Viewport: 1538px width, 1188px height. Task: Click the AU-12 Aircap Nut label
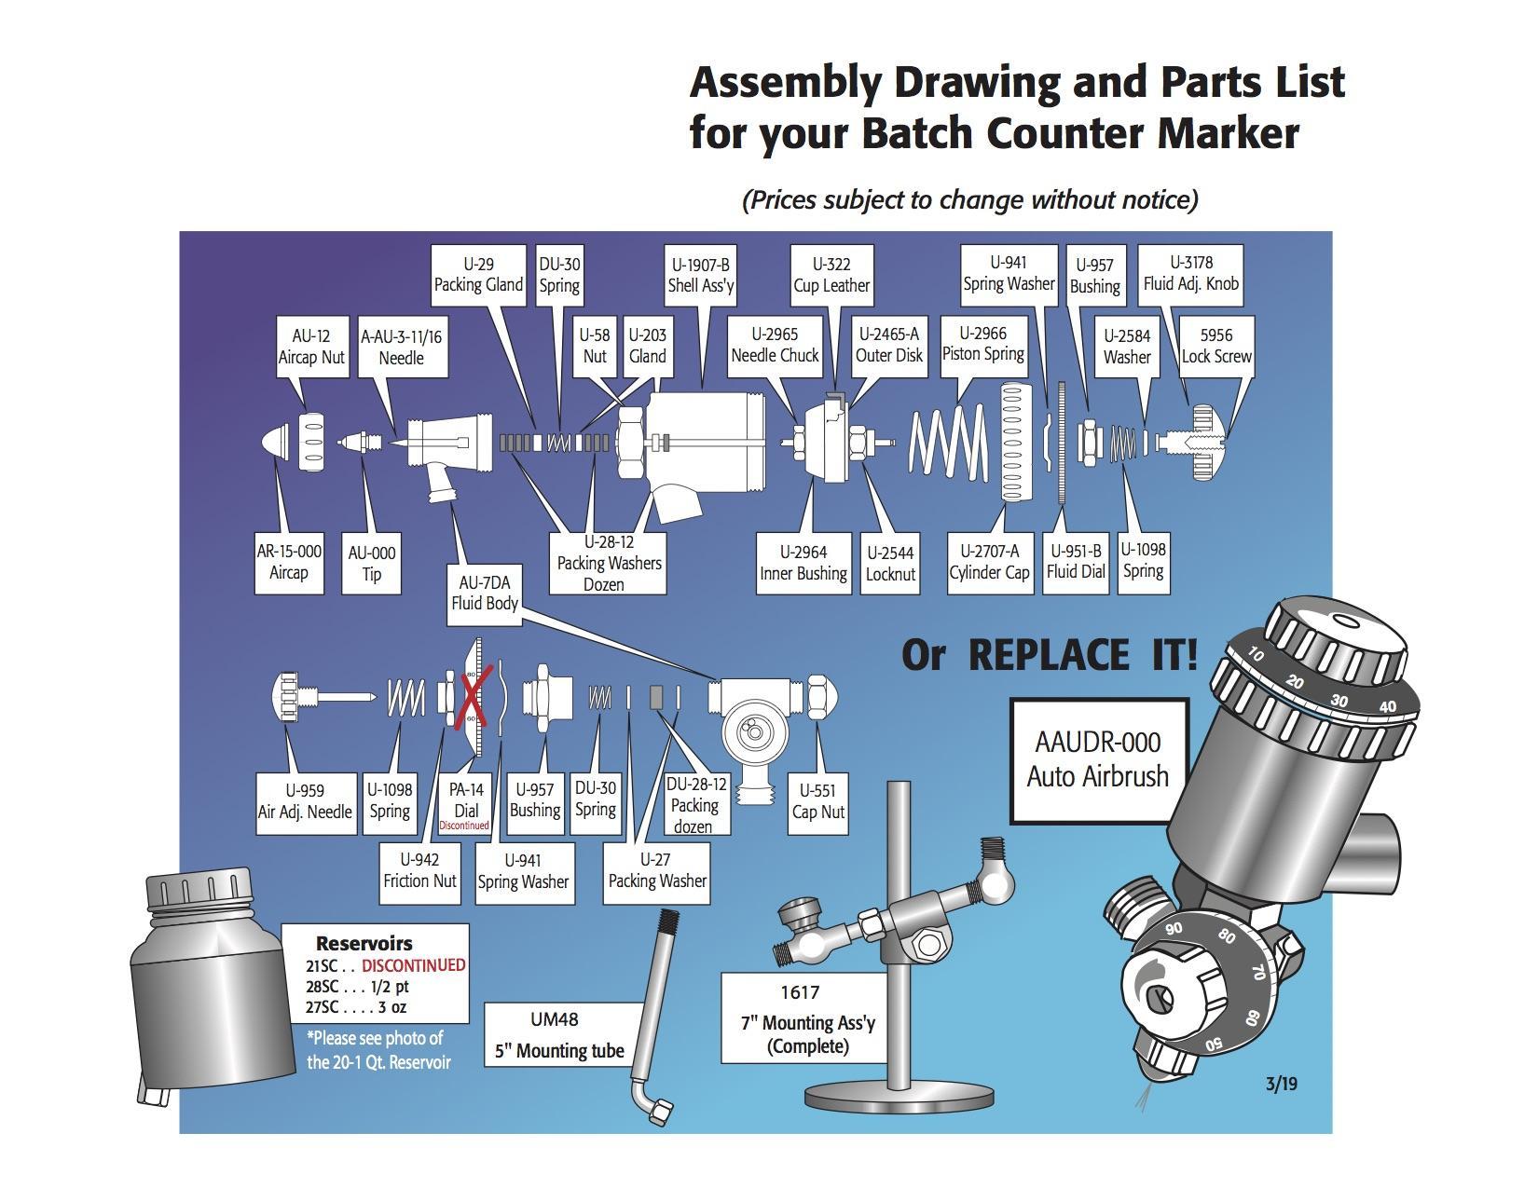[x=311, y=347]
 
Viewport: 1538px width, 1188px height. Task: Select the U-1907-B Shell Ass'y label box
[x=700, y=275]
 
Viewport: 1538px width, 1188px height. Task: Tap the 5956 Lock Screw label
[x=1215, y=346]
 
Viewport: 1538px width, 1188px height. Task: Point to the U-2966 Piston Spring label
[x=982, y=345]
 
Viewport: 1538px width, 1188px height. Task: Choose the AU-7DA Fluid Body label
[x=484, y=593]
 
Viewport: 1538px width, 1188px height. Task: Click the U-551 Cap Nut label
[x=817, y=801]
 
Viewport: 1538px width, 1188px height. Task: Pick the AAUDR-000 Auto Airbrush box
[x=1098, y=760]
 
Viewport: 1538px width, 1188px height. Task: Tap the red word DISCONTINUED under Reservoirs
[x=413, y=965]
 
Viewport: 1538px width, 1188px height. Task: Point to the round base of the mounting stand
[x=899, y=1099]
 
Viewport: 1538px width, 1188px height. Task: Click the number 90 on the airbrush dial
[x=1174, y=928]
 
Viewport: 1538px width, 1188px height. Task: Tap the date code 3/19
[x=1281, y=1084]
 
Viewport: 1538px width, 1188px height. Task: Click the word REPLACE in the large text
[x=1047, y=655]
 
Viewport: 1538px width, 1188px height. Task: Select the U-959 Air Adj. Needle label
[x=305, y=801]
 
